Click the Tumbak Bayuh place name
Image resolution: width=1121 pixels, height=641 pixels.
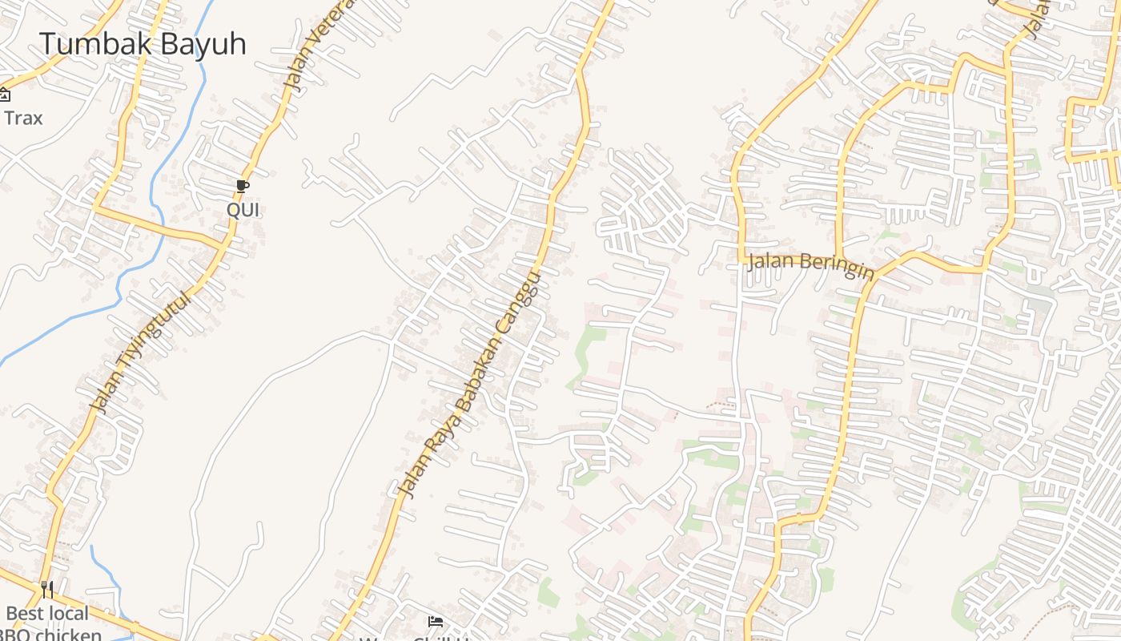click(143, 44)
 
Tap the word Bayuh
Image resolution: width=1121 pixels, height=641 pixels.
click(203, 44)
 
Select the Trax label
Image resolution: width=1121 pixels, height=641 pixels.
click(23, 119)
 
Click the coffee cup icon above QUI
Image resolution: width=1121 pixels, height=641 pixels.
click(243, 187)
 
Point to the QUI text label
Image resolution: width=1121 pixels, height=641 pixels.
click(243, 210)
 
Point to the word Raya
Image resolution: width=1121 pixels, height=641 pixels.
click(433, 453)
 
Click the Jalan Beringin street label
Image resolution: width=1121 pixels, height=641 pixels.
click(810, 264)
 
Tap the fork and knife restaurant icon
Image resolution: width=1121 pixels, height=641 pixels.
click(47, 590)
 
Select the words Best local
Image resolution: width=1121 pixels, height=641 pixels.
click(47, 615)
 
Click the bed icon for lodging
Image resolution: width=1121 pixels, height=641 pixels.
click(435, 622)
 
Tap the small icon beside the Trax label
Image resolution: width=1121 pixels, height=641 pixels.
click(4, 95)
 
